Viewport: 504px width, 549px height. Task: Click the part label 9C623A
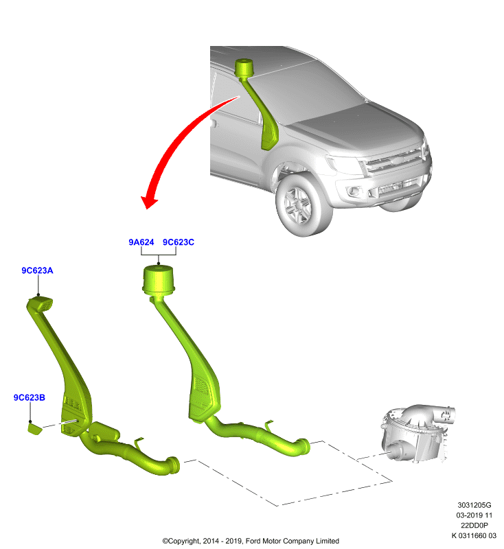[x=37, y=270]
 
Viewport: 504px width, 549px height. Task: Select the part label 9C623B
[x=30, y=397]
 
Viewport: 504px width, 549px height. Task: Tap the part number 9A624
[x=141, y=242]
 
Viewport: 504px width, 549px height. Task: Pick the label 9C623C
[x=179, y=242]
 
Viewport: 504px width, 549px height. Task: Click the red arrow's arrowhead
[x=149, y=202]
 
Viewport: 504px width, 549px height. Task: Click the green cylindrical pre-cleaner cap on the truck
[x=244, y=67]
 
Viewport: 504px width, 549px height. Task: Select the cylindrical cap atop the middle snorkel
[x=159, y=280]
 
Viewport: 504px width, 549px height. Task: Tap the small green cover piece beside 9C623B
[x=34, y=429]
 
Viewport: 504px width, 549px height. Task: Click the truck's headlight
[x=345, y=165]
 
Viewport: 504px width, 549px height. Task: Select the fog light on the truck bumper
[x=354, y=191]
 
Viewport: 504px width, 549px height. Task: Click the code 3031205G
[x=474, y=505]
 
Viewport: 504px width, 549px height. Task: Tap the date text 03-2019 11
[x=474, y=515]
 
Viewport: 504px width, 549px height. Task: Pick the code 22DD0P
[x=474, y=525]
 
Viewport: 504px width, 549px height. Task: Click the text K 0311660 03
[x=474, y=535]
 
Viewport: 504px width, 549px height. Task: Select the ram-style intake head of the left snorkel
[x=41, y=303]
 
